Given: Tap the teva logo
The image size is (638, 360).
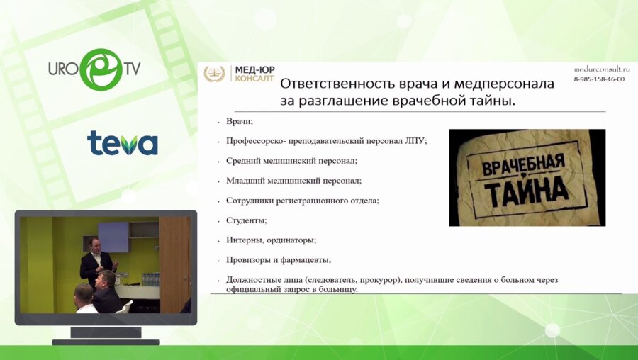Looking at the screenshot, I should (x=122, y=143).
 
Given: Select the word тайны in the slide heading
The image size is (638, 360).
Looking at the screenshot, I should (x=486, y=101).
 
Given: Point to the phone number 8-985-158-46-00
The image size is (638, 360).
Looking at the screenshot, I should (x=599, y=79).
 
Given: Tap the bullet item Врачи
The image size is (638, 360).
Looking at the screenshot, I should (x=239, y=122).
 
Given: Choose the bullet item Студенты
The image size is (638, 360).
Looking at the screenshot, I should (x=246, y=220).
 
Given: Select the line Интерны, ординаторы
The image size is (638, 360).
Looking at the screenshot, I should (x=271, y=240).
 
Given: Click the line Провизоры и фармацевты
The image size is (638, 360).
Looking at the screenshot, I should (x=279, y=259).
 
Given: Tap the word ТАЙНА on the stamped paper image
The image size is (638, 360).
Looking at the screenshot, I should (x=527, y=189).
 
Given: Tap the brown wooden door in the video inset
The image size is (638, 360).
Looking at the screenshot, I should (x=174, y=262).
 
